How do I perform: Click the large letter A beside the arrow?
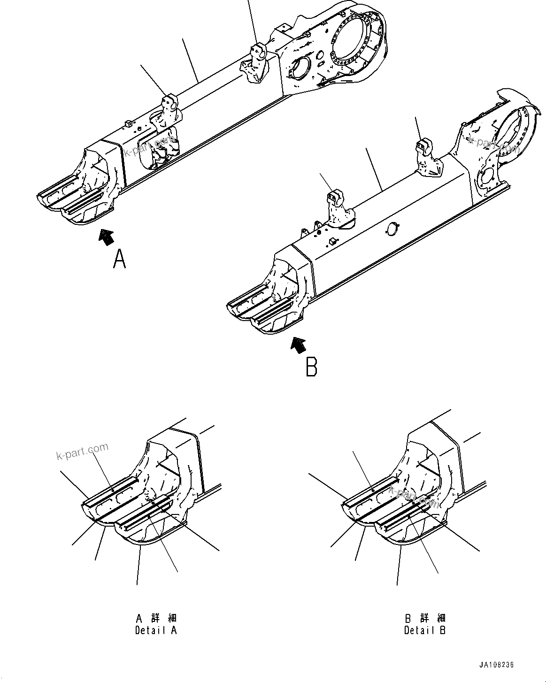[x=120, y=259]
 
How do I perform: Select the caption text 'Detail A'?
[x=156, y=630]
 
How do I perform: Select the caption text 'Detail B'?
[x=425, y=630]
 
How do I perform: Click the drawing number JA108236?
[x=497, y=665]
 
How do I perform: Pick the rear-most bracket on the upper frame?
[x=257, y=61]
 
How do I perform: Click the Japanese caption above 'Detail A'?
[x=156, y=618]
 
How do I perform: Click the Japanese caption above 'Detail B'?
[x=425, y=618]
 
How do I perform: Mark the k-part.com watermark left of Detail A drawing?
[x=82, y=451]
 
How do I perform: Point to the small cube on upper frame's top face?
[x=127, y=123]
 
